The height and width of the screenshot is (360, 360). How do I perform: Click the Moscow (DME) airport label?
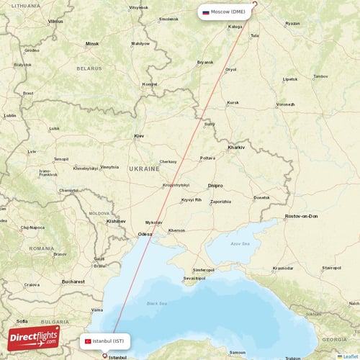click(x=228, y=12)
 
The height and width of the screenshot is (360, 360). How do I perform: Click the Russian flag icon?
click(x=206, y=12)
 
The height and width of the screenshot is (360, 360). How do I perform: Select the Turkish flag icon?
click(x=87, y=341)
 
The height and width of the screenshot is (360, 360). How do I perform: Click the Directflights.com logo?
click(x=34, y=338)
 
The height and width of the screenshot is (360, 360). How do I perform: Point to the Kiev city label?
click(x=140, y=135)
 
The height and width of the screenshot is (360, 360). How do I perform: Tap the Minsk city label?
click(x=92, y=43)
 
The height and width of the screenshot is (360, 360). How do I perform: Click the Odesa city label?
click(x=145, y=234)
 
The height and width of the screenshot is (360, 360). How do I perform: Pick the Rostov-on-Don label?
click(x=302, y=216)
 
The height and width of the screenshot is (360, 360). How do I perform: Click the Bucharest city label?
click(x=73, y=282)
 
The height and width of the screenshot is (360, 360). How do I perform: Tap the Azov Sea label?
click(x=239, y=244)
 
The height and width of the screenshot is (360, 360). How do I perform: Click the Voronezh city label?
click(x=285, y=104)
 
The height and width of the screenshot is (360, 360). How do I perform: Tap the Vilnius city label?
click(x=55, y=22)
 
